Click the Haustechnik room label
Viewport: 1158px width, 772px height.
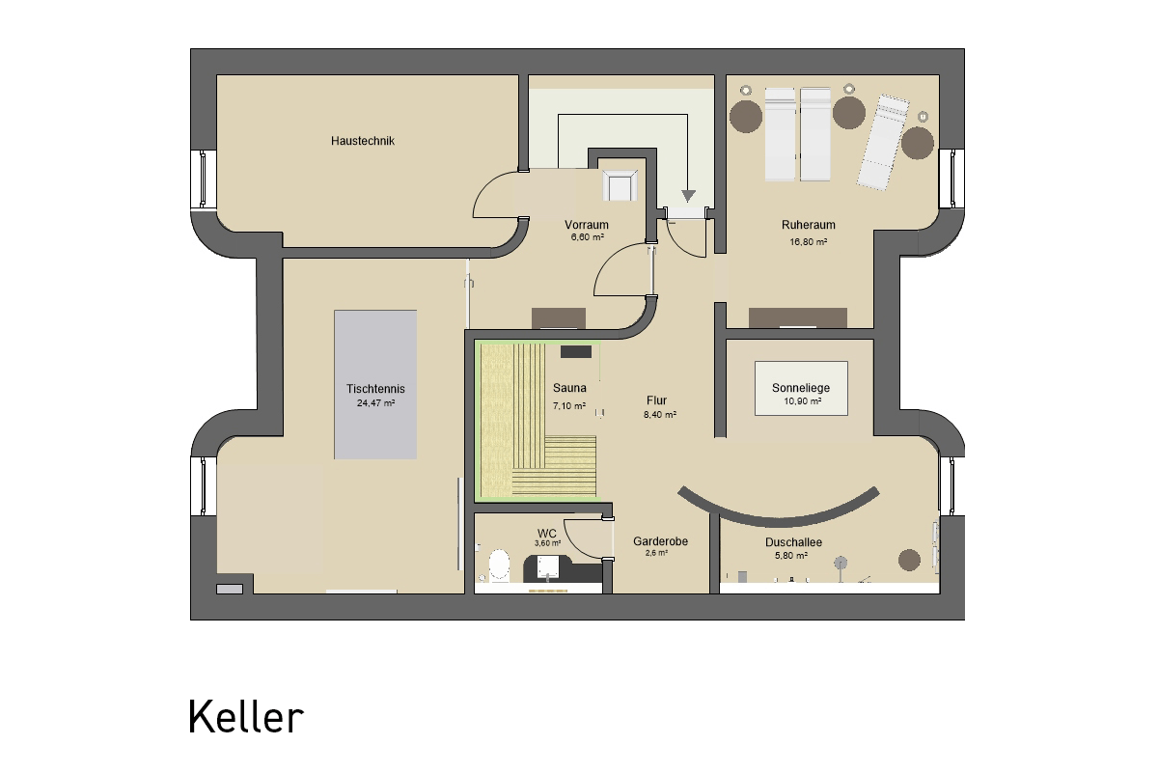click(x=363, y=141)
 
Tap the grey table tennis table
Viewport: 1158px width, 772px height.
click(x=375, y=384)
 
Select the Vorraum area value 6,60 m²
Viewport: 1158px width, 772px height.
click(x=588, y=237)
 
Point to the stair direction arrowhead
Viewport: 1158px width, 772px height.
click(x=688, y=196)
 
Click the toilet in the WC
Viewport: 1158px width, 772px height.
click(x=499, y=565)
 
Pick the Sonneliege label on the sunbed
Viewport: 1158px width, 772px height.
click(x=801, y=387)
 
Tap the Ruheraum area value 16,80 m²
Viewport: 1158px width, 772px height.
click(x=808, y=241)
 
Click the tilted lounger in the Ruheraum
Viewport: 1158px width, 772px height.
click(x=883, y=142)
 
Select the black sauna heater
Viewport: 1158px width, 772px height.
click(x=576, y=351)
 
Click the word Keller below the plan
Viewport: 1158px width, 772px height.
click(x=245, y=717)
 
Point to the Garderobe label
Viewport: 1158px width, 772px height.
click(x=660, y=541)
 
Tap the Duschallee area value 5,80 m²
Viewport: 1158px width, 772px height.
click(x=791, y=556)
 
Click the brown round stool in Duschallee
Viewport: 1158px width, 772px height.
click(x=909, y=560)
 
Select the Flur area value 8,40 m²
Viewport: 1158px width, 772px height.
click(x=660, y=414)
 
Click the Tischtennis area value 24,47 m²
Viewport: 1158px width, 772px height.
click(x=375, y=402)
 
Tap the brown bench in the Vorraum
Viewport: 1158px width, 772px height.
click(x=559, y=318)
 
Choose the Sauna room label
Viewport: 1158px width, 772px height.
click(x=569, y=387)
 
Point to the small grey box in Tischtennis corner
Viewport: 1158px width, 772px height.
click(x=230, y=589)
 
